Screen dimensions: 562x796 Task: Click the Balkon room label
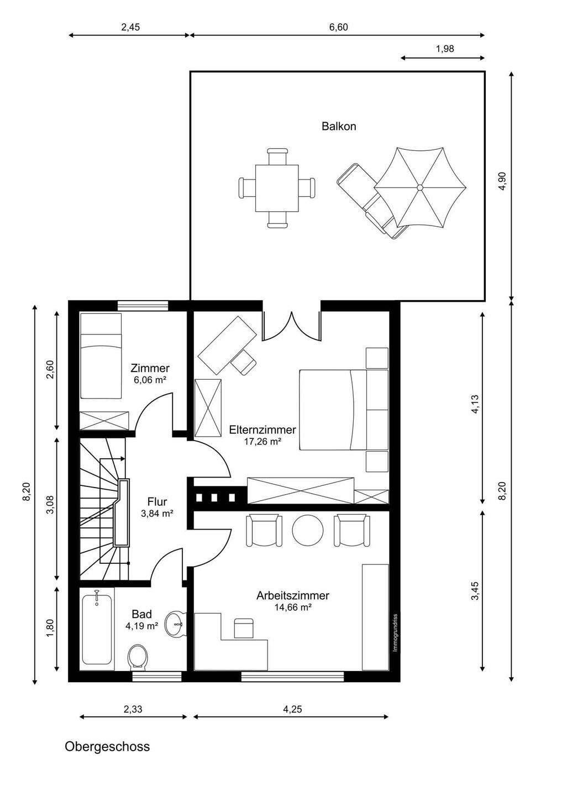click(339, 126)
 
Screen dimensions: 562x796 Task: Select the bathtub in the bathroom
click(97, 629)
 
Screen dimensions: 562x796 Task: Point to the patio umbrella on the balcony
click(419, 187)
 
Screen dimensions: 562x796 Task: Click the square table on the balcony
click(277, 188)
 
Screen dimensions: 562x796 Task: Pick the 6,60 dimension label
click(338, 27)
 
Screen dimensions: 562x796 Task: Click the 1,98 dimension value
click(445, 48)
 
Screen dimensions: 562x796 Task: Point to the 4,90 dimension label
click(503, 181)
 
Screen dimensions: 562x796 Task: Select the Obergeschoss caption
click(107, 747)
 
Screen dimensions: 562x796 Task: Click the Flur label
click(157, 502)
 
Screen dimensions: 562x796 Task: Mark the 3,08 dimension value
click(50, 505)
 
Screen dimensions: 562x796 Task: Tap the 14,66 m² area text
click(293, 608)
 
